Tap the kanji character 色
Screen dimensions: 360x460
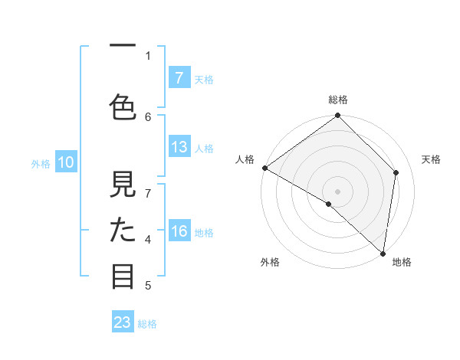(123, 105)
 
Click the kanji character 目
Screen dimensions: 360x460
(123, 275)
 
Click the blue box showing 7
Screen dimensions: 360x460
(179, 77)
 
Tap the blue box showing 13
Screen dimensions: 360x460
(179, 147)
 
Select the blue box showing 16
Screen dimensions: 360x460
(179, 231)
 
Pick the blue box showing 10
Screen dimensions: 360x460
(65, 162)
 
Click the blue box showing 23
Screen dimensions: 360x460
(122, 322)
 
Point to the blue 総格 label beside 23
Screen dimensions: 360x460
(147, 324)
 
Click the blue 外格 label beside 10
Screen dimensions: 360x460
(41, 163)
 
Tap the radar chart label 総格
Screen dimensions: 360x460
(338, 100)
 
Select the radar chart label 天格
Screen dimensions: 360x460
(431, 159)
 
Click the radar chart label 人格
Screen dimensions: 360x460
(245, 159)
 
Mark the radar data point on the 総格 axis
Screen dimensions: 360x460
(338, 116)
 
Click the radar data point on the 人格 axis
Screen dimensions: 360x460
(265, 168)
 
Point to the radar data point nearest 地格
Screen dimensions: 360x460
(383, 253)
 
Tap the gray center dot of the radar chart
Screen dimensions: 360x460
(338, 191)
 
